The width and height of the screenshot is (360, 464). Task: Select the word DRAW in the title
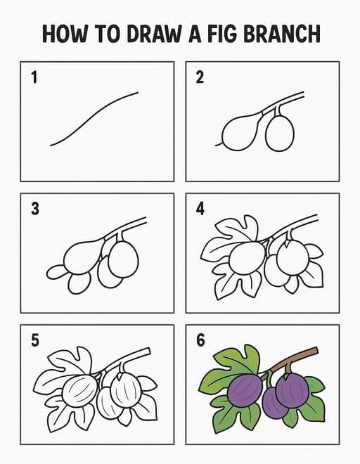[154, 34]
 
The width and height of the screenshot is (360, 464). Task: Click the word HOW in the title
[65, 34]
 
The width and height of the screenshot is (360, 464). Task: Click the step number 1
[34, 77]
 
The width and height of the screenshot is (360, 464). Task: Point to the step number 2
[200, 77]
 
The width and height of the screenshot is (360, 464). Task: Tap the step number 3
[35, 209]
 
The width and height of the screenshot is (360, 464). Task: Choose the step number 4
[200, 209]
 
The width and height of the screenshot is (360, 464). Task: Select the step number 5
[35, 340]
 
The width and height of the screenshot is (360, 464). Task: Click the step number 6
[200, 340]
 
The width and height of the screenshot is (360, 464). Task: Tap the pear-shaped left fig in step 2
[240, 132]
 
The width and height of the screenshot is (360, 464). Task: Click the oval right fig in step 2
[280, 134]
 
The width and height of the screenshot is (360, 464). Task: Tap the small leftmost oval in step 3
[56, 272]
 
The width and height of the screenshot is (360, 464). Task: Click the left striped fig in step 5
[80, 391]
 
